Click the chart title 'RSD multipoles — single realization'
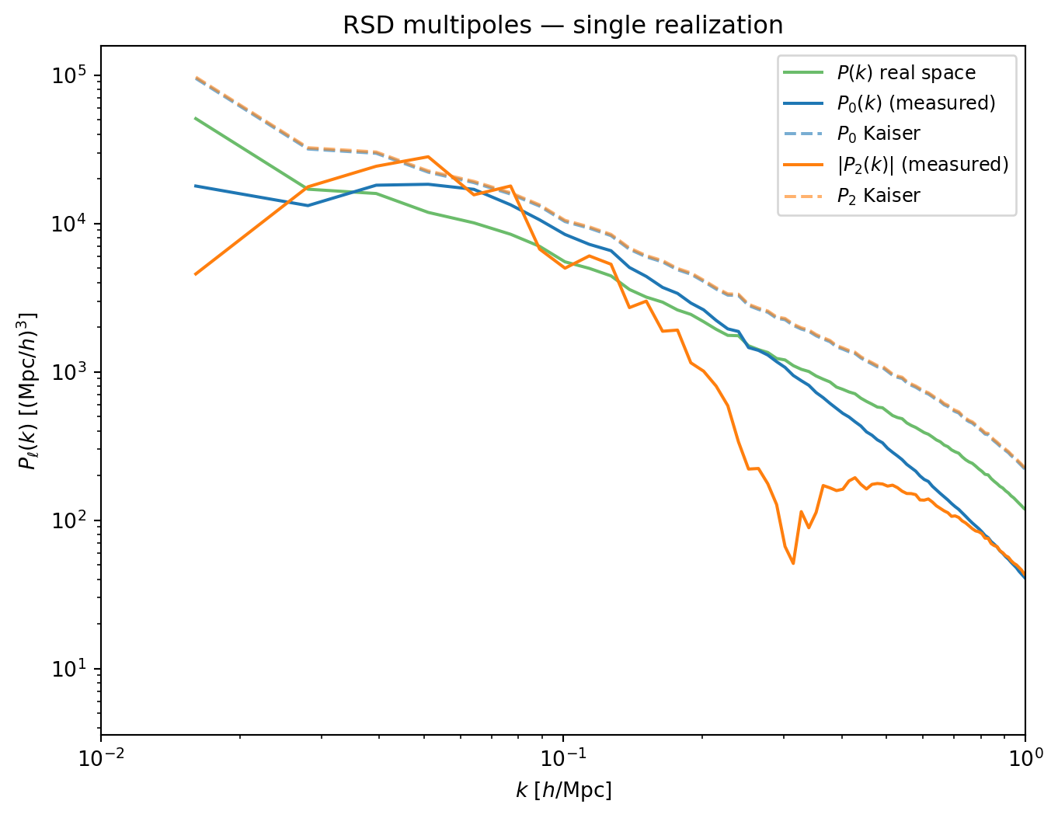(563, 26)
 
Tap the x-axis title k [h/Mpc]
(563, 791)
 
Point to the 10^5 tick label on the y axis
(68, 75)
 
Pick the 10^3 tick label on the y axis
(68, 372)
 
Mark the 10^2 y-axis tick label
(68, 520)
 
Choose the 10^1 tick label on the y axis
(68, 669)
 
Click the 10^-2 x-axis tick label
(101, 758)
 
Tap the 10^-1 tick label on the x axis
(563, 758)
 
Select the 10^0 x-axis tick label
(1025, 758)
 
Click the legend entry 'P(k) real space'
(879, 73)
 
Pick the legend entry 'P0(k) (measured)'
(889, 103)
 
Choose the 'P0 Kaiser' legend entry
(851, 134)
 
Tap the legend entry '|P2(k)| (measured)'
(896, 165)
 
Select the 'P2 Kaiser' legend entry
(851, 196)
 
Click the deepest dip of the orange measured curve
(793, 563)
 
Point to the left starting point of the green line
(195, 118)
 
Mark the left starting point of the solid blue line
(195, 186)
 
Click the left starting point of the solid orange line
(195, 275)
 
